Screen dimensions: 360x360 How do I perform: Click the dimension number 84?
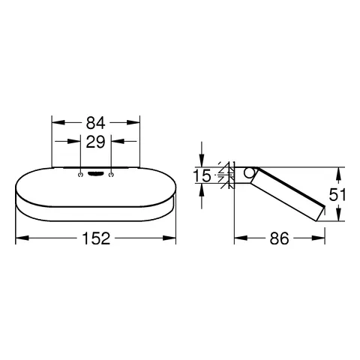[96, 123]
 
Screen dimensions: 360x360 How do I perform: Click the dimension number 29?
[95, 142]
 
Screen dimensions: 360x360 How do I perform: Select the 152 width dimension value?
[96, 238]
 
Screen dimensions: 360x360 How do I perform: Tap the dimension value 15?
[202, 175]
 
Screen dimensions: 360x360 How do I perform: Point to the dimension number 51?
[337, 194]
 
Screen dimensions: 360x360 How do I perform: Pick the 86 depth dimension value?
[279, 238]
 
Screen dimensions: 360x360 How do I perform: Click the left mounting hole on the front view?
[80, 175]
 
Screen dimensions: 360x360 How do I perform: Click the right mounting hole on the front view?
[111, 175]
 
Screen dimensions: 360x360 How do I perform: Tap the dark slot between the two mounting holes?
[96, 173]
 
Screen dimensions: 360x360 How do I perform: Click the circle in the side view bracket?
[249, 172]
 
